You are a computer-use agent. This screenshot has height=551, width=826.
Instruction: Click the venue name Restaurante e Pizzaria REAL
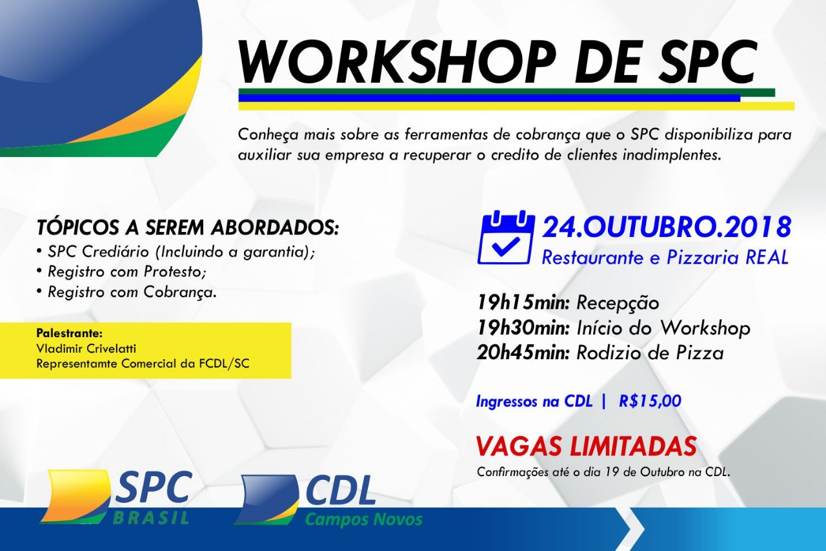click(665, 257)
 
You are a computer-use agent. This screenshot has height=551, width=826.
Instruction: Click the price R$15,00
click(650, 401)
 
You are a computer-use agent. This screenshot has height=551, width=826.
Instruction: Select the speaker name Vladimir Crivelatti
click(86, 348)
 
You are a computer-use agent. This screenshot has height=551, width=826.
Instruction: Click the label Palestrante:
click(69, 333)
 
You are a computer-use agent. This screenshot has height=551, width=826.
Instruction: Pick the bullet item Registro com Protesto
click(126, 272)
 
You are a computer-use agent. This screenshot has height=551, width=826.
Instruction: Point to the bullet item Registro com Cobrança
click(132, 292)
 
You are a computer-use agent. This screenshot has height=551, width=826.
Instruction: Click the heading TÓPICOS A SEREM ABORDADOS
click(187, 228)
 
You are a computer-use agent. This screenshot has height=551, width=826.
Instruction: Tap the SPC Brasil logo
click(116, 497)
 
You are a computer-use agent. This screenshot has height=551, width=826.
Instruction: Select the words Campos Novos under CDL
click(363, 519)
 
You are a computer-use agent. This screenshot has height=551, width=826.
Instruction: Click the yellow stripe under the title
click(516, 106)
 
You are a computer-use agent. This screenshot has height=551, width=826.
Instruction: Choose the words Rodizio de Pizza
click(650, 353)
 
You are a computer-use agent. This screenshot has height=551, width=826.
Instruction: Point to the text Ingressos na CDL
click(534, 401)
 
